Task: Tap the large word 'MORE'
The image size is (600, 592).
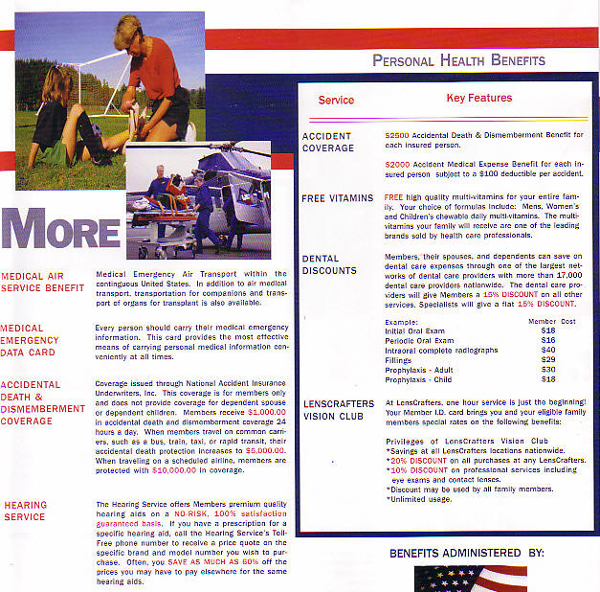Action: [x=61, y=233]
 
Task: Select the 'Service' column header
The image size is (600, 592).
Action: [x=336, y=100]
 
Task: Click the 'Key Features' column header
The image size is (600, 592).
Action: [x=478, y=98]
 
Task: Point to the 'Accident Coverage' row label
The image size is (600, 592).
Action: [x=327, y=142]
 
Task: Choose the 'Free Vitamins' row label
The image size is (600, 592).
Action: [x=337, y=198]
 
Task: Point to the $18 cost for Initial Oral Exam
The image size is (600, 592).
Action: [x=548, y=330]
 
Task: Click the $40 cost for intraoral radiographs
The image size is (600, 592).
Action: [x=548, y=350]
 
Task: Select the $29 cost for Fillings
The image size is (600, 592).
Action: [x=548, y=359]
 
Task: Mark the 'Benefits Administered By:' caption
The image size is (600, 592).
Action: [x=466, y=553]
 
